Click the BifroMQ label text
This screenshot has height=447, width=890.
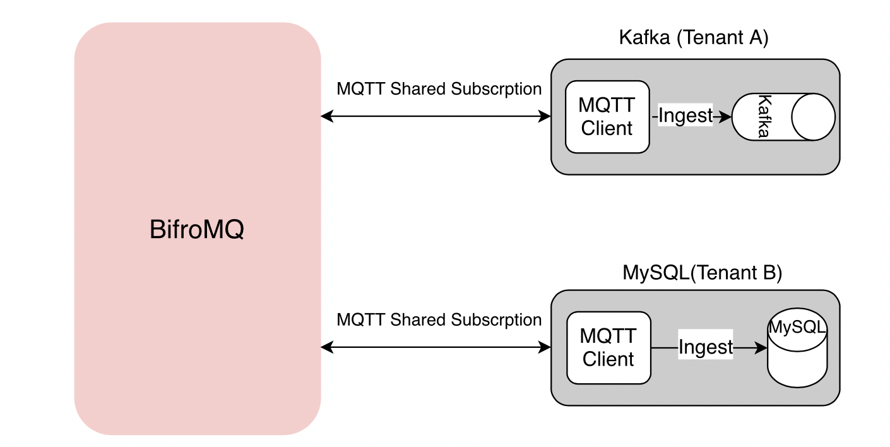pos(196,230)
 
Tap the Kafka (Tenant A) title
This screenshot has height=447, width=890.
pos(694,38)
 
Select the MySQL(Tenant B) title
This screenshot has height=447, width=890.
pos(702,273)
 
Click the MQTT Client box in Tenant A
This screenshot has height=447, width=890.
pos(607,117)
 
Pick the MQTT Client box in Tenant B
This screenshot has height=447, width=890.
pos(608,348)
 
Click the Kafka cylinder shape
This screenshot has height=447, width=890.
pos(783,117)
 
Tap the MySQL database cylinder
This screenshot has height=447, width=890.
pos(797,351)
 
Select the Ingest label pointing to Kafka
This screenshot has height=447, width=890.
pos(685,116)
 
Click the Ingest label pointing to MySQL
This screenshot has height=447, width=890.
pos(706,347)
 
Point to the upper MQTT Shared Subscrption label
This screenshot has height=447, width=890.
pos(439,89)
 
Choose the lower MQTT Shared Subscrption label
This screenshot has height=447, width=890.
pos(439,320)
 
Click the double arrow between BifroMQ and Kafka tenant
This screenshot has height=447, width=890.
pos(436,116)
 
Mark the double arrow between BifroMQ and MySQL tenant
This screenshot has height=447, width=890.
pos(436,347)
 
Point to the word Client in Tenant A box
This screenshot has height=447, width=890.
pos(607,128)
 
